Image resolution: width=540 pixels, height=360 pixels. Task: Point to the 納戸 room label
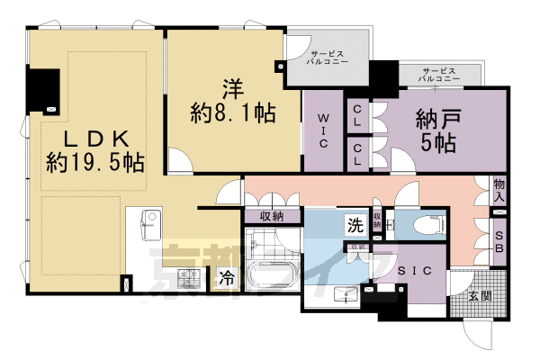tap(440, 118)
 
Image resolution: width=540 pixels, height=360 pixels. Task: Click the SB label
tap(499, 242)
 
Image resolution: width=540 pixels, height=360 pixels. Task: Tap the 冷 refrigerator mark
tap(226, 277)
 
